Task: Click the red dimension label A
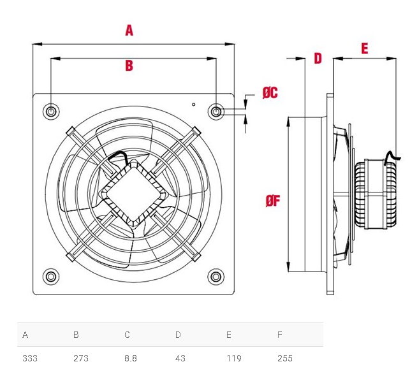click(129, 30)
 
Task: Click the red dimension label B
click(129, 66)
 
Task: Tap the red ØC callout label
click(270, 93)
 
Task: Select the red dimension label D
click(318, 59)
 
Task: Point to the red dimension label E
click(365, 48)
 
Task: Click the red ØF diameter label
click(273, 201)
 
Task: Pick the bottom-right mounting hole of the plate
click(217, 277)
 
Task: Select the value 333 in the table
click(30, 358)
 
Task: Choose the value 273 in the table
click(81, 358)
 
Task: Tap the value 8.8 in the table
click(131, 358)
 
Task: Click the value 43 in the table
click(180, 358)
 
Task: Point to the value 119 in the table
click(234, 358)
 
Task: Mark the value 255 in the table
click(285, 358)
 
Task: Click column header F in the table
click(279, 335)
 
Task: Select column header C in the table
click(127, 335)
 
